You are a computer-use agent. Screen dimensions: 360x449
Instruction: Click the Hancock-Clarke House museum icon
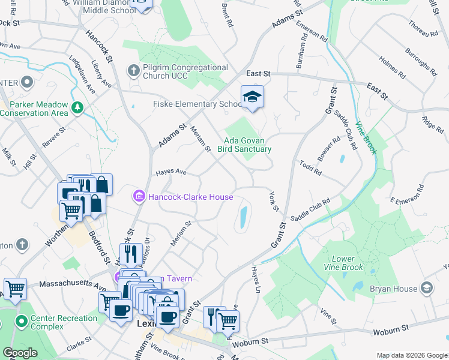[x=139, y=196]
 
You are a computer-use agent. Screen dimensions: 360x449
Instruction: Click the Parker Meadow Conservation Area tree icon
[x=77, y=108]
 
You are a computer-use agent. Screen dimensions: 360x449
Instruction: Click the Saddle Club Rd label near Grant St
[x=311, y=211]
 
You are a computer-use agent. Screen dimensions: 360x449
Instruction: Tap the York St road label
[x=275, y=202]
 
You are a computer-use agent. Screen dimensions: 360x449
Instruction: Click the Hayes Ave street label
[x=171, y=172]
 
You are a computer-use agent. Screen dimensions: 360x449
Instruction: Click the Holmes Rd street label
[x=393, y=69]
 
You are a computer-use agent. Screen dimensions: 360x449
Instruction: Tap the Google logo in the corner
[x=20, y=353]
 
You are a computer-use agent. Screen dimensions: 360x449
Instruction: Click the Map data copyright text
[x=412, y=355]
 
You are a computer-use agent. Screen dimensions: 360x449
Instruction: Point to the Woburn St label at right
[x=390, y=331]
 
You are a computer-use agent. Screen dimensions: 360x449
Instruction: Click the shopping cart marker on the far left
[x=14, y=288]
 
